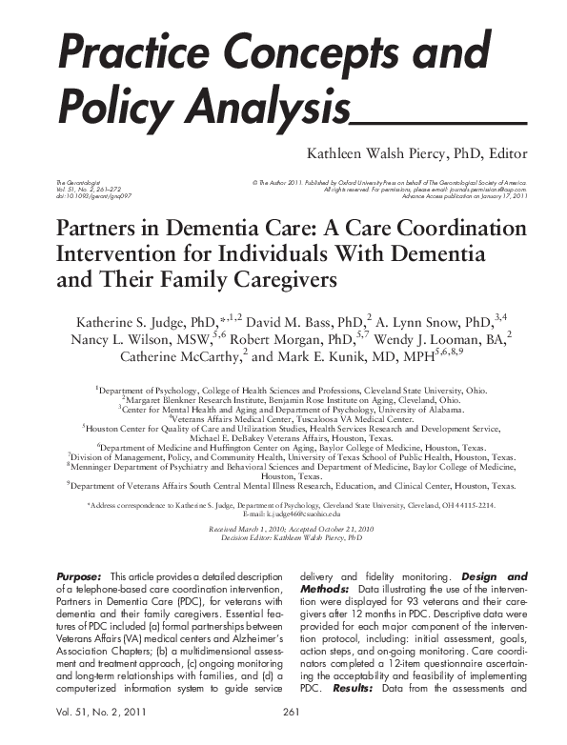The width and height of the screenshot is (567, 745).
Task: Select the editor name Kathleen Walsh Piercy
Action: [x=380, y=153]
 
